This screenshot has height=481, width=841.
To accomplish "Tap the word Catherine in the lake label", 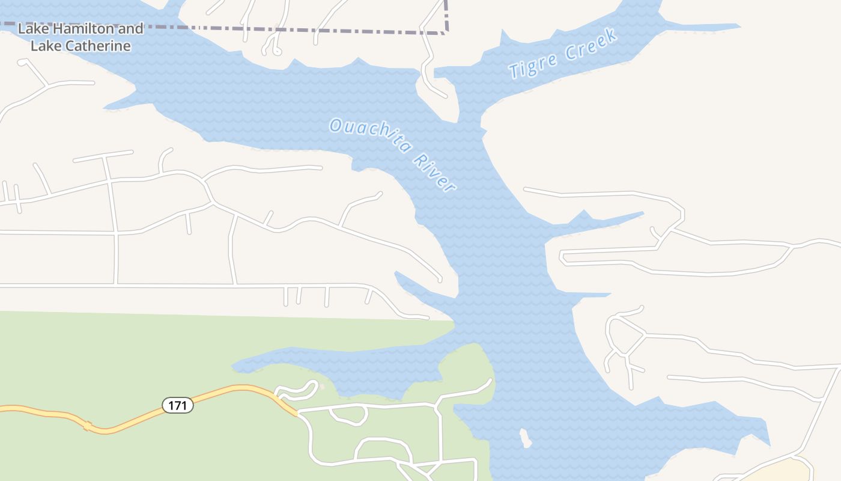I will tap(98, 46).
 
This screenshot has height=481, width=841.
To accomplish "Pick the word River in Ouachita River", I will tap(434, 174).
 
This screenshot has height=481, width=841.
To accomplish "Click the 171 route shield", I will tap(178, 405).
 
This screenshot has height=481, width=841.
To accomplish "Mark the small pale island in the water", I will tap(526, 438).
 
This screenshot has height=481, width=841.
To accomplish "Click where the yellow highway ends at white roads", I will tap(297, 413).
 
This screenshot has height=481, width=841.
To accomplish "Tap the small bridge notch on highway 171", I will tap(88, 426).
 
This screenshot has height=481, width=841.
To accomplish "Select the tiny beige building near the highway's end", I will tap(322, 386).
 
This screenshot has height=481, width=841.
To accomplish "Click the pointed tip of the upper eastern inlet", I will tap(643, 212).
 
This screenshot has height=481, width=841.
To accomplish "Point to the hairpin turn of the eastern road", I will tap(562, 257).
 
